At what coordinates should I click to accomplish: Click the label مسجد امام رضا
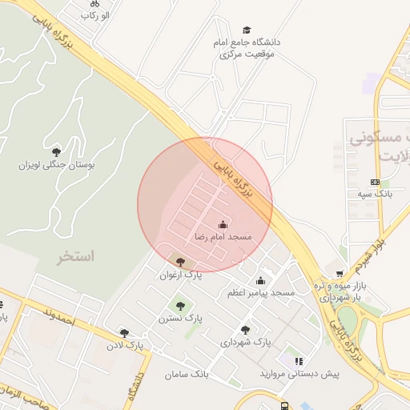(223, 238)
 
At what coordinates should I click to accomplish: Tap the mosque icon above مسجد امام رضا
(223, 225)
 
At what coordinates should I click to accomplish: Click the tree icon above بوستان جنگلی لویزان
(56, 151)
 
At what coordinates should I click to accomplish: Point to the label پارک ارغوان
(181, 275)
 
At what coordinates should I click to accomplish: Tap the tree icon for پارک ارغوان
(180, 262)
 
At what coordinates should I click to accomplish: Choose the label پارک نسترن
(180, 318)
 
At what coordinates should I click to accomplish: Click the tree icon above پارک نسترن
(179, 305)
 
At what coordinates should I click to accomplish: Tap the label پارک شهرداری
(246, 342)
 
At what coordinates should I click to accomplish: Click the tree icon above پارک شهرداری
(245, 330)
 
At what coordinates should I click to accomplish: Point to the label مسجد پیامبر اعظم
(261, 293)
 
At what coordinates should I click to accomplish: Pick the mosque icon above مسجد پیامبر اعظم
(260, 280)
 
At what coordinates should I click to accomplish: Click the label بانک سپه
(375, 195)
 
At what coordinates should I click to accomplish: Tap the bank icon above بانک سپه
(375, 182)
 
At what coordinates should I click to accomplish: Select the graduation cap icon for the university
(246, 30)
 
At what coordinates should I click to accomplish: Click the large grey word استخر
(76, 257)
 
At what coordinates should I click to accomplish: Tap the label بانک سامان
(187, 374)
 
